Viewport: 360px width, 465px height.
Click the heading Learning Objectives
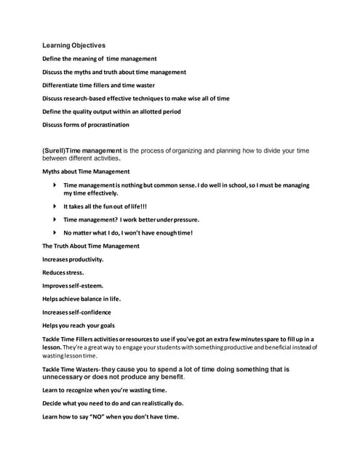73,45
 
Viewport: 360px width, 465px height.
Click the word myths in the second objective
87,72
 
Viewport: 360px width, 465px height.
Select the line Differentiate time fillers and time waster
108,85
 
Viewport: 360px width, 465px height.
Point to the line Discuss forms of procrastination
85,124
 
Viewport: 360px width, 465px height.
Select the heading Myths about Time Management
86,171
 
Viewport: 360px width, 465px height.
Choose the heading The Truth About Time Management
90,246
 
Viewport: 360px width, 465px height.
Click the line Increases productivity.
73,259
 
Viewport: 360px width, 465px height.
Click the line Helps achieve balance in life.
81,299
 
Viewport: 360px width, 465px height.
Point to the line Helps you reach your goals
79,325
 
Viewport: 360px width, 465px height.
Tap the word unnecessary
68,377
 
